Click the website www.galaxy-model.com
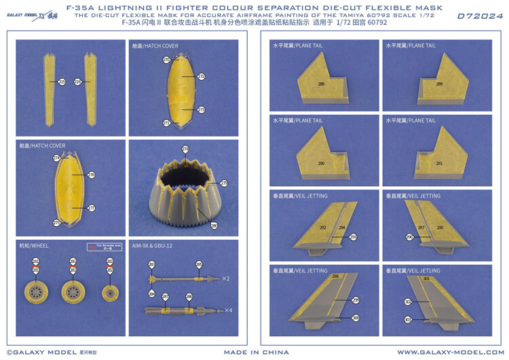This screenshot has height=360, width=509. tap(449, 353)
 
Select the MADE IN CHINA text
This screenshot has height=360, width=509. tap(257, 353)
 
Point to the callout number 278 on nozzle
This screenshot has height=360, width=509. tap(185, 149)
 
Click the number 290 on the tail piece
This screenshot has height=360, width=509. tap(321, 164)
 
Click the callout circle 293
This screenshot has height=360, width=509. tap(353, 237)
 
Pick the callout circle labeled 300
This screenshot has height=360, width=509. tap(356, 318)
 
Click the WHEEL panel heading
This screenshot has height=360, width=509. tap(35, 245)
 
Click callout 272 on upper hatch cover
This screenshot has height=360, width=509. tap(202, 77)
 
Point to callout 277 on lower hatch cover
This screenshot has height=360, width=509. tap(92, 209)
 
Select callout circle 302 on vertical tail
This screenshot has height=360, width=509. tap(408, 302)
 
